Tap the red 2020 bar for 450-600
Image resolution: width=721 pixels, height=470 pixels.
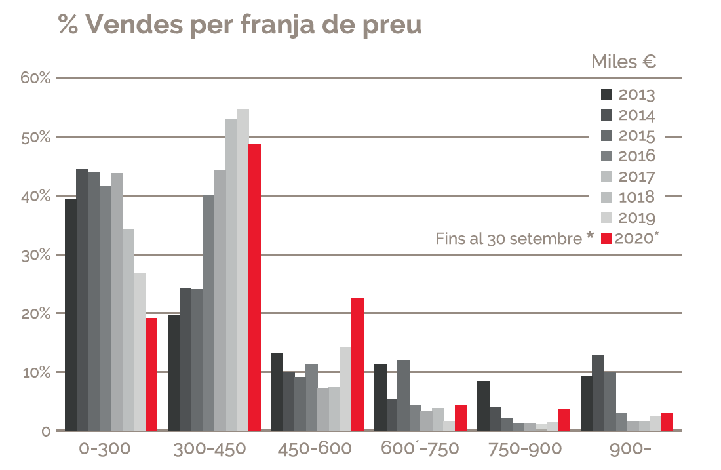357,364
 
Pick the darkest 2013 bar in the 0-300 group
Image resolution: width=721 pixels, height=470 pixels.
70,315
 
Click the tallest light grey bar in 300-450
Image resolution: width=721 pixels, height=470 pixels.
243,269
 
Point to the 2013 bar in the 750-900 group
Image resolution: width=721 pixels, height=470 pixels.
483,406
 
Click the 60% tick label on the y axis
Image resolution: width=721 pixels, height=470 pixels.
35,79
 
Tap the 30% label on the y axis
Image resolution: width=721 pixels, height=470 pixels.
35,254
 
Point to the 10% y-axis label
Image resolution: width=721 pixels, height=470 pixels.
35,372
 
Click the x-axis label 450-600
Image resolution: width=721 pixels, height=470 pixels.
315,450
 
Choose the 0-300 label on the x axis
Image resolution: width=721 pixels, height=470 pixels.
105,450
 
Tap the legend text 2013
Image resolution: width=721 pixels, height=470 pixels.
636,95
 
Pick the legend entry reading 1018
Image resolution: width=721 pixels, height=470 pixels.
636,197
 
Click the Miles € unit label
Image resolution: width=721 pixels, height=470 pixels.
624,62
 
